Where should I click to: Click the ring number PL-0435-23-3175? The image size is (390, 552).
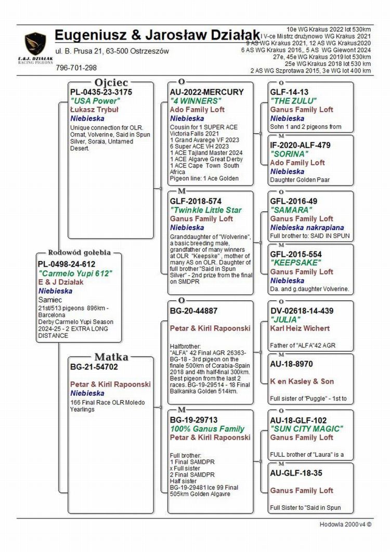click(x=101, y=92)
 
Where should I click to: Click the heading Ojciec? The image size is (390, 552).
click(x=111, y=82)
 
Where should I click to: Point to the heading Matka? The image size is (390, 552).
click(x=111, y=357)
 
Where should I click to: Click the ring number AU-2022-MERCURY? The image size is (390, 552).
click(x=206, y=92)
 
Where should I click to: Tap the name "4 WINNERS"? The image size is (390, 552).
click(x=196, y=101)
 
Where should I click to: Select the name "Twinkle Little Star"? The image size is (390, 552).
click(x=206, y=210)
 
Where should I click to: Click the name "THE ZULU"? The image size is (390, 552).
click(x=293, y=101)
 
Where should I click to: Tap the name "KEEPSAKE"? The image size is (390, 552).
click(x=294, y=263)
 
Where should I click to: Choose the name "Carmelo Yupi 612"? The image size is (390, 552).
click(x=75, y=273)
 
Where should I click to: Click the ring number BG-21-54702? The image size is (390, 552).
click(x=94, y=367)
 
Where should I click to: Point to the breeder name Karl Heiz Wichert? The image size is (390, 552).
click(x=300, y=328)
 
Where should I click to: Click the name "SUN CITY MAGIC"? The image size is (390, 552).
click(x=306, y=429)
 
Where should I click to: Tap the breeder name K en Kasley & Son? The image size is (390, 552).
click(x=302, y=381)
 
